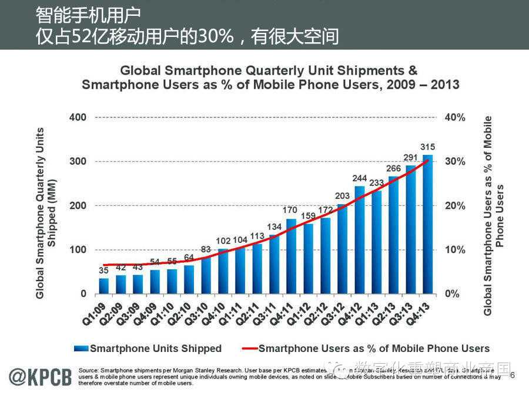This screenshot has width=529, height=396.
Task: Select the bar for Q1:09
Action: (x=103, y=286)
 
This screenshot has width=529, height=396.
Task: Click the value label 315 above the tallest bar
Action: (x=427, y=146)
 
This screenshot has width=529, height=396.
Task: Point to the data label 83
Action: (x=206, y=249)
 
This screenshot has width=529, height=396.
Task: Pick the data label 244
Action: (x=359, y=178)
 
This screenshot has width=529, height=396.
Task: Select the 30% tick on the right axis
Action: (x=455, y=161)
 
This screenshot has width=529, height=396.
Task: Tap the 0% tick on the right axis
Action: (x=451, y=293)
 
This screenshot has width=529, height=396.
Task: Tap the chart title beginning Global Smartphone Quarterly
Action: (x=270, y=77)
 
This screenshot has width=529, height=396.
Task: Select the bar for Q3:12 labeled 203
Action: (x=342, y=249)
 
